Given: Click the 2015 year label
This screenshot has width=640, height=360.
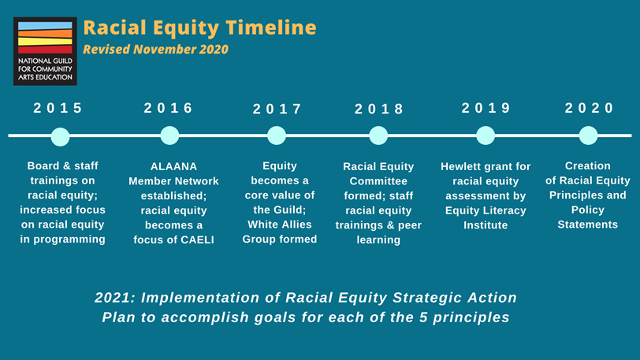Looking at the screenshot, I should [x=58, y=109].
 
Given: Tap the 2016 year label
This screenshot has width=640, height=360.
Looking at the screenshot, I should [x=168, y=109].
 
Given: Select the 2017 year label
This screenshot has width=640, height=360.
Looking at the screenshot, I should [x=277, y=109].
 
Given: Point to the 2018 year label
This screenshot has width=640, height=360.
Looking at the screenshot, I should [x=379, y=109].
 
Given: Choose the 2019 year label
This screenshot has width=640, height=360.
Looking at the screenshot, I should [x=486, y=109].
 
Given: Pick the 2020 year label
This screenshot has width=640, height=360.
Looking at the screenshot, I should [x=589, y=109].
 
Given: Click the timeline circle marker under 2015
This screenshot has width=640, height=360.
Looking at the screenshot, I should [x=60, y=136].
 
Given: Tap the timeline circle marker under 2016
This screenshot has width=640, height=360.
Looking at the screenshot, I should [x=169, y=135].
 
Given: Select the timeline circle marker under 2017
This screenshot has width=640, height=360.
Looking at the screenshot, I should [x=277, y=135].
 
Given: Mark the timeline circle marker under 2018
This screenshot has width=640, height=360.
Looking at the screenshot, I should [x=379, y=135].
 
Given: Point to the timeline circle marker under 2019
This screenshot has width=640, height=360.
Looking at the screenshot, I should [x=486, y=135].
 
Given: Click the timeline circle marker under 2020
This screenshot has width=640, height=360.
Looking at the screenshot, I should [x=588, y=135].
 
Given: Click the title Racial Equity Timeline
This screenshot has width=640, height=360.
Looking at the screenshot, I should [x=199, y=28].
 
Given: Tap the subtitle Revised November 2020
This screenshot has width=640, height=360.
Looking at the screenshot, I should [x=155, y=50].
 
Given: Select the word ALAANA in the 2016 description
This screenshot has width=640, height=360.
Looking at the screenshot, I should [x=173, y=167].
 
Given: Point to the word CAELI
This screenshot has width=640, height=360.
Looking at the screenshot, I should [x=195, y=239].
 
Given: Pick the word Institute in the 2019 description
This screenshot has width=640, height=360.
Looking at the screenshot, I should [x=486, y=225].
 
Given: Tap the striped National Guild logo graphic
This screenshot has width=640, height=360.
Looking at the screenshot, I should [x=45, y=37].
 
